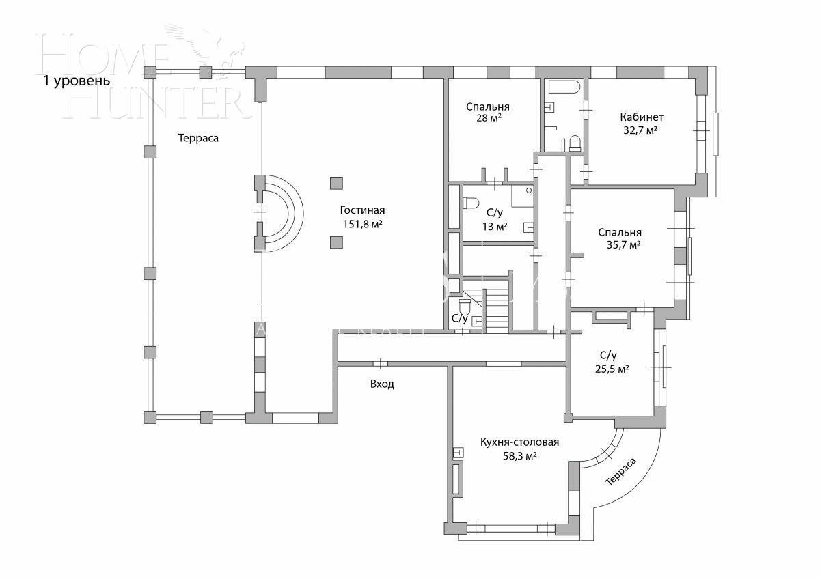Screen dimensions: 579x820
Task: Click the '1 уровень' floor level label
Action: pyautogui.click(x=77, y=81)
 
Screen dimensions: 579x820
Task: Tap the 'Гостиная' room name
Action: pyautogui.click(x=362, y=210)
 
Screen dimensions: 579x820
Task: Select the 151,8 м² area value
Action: pyautogui.click(x=362, y=224)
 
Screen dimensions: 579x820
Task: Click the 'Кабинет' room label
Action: pyautogui.click(x=642, y=117)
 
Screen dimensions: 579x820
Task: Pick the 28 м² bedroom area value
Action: pyautogui.click(x=488, y=118)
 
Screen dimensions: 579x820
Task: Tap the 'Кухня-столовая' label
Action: pyautogui.click(x=519, y=442)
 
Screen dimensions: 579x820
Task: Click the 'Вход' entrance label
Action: pyautogui.click(x=382, y=384)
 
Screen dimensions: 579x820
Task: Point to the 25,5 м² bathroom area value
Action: pyautogui.click(x=612, y=368)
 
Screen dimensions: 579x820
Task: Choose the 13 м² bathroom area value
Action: pyautogui.click(x=495, y=227)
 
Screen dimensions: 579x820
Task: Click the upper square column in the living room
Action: pyautogui.click(x=336, y=182)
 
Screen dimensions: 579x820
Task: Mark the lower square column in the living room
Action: pyautogui.click(x=336, y=242)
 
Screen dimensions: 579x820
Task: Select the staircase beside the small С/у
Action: pyautogui.click(x=497, y=309)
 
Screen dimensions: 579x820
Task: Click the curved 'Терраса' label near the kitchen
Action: pyautogui.click(x=620, y=472)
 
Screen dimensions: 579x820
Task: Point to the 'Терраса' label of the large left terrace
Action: pyautogui.click(x=198, y=138)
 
